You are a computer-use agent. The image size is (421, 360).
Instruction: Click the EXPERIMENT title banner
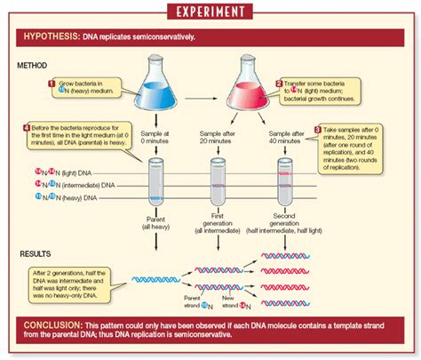point(210,11)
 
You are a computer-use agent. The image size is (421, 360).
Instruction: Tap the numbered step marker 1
point(51,83)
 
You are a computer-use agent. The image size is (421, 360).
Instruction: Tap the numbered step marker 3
point(318,129)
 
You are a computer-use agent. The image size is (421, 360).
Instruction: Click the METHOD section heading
point(35,65)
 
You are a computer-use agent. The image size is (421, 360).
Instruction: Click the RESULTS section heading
point(36,254)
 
